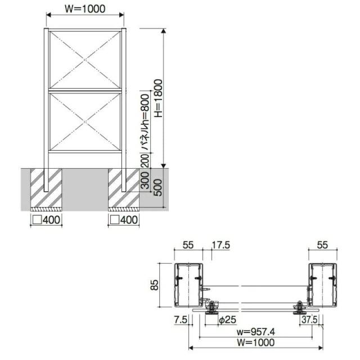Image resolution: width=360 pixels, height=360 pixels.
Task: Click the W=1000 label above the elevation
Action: [x=85, y=9]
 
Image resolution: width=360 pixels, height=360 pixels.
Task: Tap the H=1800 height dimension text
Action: [x=159, y=98]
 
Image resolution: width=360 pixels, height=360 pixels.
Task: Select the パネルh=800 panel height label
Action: [x=145, y=122]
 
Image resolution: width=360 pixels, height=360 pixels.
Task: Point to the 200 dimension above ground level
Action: [x=145, y=160]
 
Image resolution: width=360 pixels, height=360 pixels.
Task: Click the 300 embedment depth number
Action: [x=145, y=181]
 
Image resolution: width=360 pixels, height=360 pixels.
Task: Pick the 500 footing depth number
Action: [x=158, y=187]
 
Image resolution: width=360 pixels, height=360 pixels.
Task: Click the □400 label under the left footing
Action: [x=46, y=220]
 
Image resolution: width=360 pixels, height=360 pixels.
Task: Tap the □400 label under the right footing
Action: [x=124, y=220]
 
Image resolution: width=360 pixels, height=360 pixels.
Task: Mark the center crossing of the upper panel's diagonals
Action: [x=85, y=60]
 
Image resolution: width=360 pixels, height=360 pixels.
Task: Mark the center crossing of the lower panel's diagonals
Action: [x=85, y=121]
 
